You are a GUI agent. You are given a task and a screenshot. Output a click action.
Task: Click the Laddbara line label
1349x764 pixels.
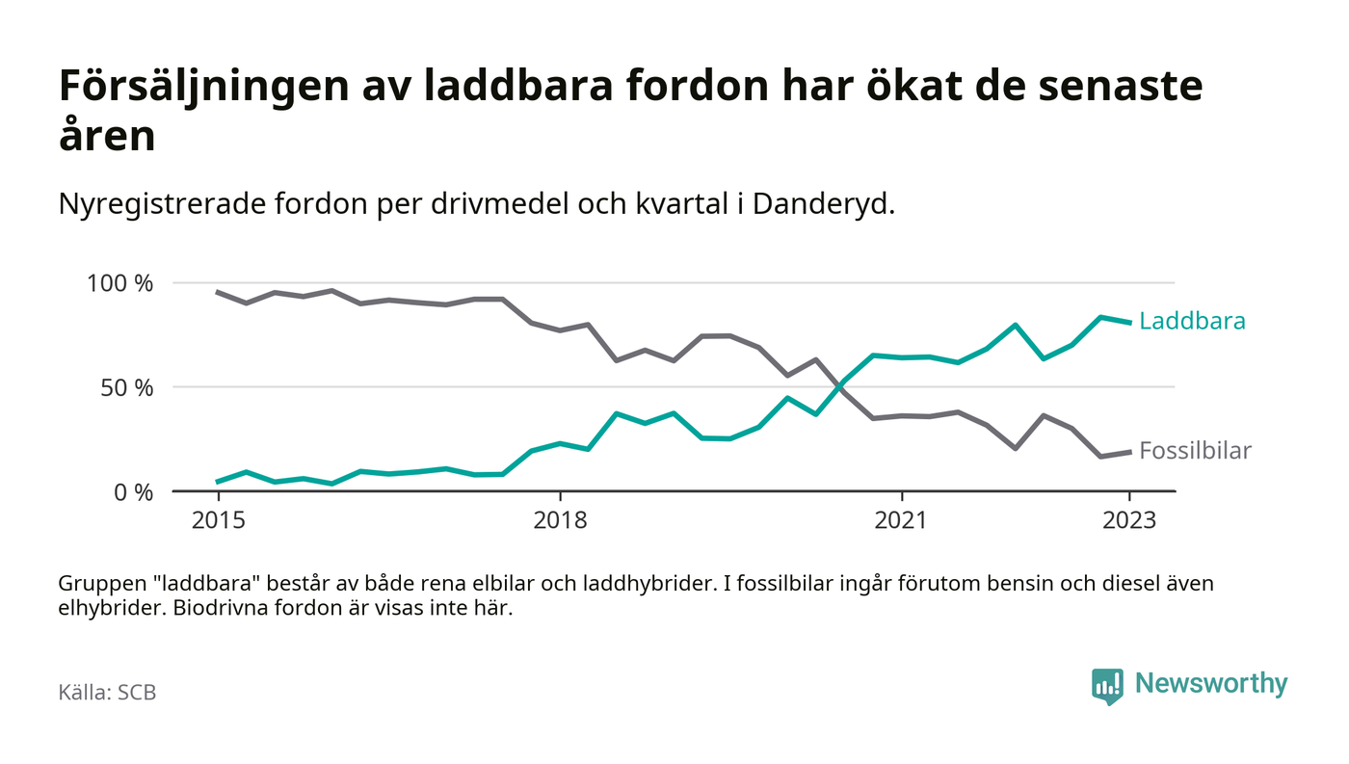(1192, 322)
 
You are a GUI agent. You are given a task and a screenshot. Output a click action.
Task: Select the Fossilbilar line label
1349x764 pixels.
(1195, 451)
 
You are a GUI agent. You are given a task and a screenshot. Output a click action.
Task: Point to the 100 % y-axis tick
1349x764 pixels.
(121, 283)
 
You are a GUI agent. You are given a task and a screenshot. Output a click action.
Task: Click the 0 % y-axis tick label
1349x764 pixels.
(133, 491)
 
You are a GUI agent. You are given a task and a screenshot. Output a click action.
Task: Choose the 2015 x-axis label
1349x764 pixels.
(218, 521)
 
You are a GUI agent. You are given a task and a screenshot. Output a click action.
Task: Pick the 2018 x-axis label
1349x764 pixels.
(560, 521)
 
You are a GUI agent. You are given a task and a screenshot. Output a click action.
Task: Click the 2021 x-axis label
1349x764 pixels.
(901, 521)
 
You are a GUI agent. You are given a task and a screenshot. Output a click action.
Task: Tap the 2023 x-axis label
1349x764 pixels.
(1129, 521)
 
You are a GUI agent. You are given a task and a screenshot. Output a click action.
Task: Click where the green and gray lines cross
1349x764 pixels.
(838, 386)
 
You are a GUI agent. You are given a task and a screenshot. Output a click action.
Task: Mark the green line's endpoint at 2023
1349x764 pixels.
(1129, 322)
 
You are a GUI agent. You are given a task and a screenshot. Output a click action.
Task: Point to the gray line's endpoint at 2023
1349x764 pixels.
(1129, 452)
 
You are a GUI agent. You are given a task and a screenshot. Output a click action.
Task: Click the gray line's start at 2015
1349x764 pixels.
(218, 292)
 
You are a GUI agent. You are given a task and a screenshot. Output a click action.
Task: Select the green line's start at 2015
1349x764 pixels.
(218, 482)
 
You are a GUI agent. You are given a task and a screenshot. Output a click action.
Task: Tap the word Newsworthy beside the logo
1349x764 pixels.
(1210, 684)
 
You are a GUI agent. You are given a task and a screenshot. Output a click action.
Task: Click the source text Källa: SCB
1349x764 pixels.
(107, 693)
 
